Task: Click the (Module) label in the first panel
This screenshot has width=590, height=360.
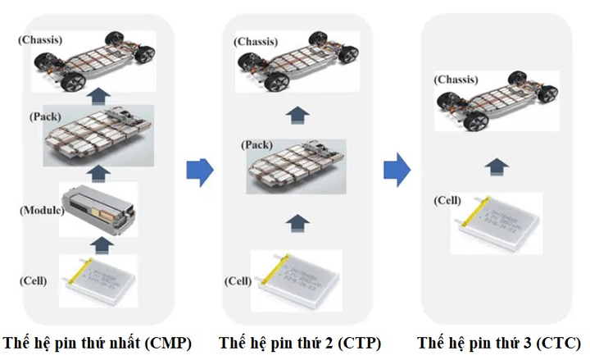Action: (42, 211)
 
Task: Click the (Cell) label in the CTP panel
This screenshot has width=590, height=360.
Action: (238, 281)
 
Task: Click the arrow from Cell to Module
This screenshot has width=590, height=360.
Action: (100, 244)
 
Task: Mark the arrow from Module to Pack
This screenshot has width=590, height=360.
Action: (100, 171)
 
